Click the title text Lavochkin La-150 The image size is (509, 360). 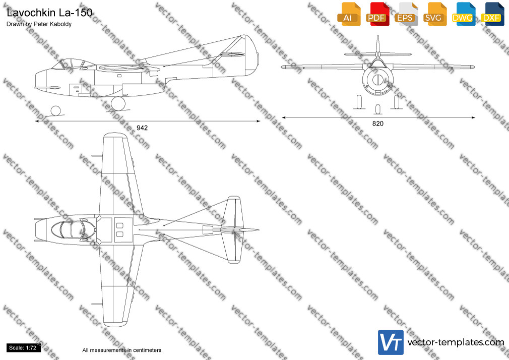click(x=49, y=13)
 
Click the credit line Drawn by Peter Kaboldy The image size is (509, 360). click(x=39, y=24)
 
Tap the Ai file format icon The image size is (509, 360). click(x=349, y=14)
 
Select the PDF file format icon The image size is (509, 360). click(x=377, y=14)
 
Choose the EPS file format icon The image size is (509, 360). click(x=406, y=14)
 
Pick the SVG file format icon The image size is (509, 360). click(x=434, y=14)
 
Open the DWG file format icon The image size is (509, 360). click(x=463, y=14)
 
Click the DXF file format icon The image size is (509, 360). click(x=492, y=14)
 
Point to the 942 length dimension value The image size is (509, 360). click(x=142, y=128)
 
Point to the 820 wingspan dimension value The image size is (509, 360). click(x=378, y=124)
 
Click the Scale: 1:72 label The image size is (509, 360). click(x=23, y=348)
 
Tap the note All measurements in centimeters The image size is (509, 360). click(x=122, y=350)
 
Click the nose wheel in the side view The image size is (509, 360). click(x=55, y=111)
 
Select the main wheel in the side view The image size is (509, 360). click(x=118, y=104)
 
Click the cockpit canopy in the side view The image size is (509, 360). click(x=73, y=64)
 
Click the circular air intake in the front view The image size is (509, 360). click(x=378, y=79)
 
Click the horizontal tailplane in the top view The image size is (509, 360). click(x=234, y=229)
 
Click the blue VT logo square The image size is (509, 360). click(x=391, y=342)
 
